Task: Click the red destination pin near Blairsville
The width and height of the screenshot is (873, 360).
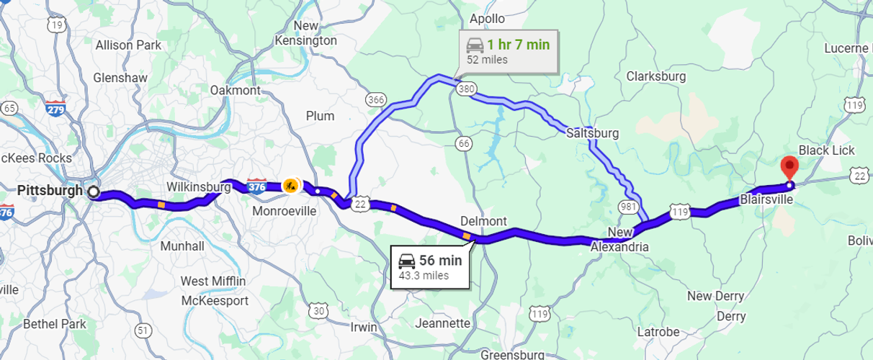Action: coord(789,169)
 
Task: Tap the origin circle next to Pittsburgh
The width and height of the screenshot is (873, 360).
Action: coord(93,192)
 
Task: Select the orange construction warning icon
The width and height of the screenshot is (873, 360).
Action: coord(290,185)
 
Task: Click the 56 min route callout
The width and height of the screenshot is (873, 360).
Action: coord(430,267)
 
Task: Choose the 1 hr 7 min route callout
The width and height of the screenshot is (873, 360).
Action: coord(508,51)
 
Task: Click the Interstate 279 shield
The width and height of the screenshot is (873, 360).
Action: coord(55,109)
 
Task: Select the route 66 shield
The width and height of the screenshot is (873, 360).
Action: coord(464,144)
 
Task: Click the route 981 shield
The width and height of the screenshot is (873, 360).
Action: coord(627,207)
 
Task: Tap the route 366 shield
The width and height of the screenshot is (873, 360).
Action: coord(375,99)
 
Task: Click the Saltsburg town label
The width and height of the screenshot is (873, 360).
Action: coord(592,133)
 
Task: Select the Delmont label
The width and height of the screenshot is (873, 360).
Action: coord(483,221)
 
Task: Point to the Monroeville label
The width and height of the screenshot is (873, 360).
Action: coord(284,212)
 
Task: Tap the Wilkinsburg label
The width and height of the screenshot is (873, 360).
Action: coord(198,187)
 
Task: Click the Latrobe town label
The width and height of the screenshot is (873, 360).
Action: coord(658,332)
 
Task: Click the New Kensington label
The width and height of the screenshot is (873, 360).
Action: coord(305,33)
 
